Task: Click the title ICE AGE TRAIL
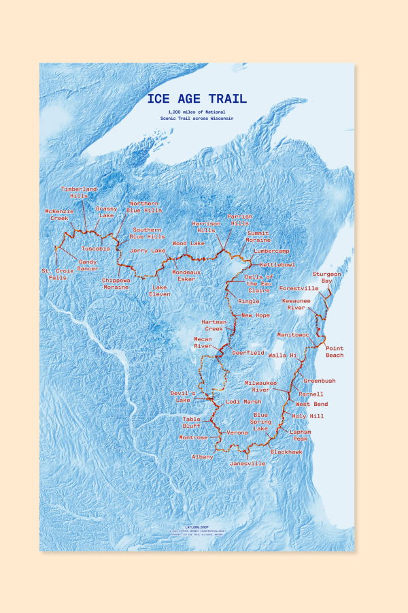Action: point(197,99)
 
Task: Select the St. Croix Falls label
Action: point(53,274)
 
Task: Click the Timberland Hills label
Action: point(80,191)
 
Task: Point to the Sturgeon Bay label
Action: point(326,277)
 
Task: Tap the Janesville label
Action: point(248,463)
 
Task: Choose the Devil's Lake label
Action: point(183,396)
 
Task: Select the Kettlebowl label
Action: point(277,264)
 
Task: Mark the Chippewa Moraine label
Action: point(115,283)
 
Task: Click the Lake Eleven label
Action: point(160,290)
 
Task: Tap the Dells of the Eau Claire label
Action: point(259,286)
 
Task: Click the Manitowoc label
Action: point(293,335)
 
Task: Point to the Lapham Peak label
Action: point(301,435)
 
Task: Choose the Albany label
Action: point(203,456)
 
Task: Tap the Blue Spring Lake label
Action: point(261,422)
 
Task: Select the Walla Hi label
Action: point(282,356)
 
